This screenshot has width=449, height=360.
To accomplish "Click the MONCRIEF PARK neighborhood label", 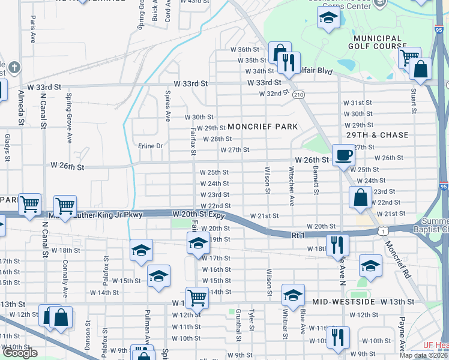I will tap(262, 127).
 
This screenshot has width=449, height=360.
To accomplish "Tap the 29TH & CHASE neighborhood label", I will tap(377, 136).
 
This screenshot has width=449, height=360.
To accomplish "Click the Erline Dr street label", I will tap(150, 146).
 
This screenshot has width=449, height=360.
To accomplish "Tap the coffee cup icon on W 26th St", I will tap(343, 155).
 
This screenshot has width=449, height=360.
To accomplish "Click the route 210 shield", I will tap(298, 95).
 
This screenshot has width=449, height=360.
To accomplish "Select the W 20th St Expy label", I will tap(198, 214).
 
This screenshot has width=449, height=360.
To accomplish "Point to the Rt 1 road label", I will tap(299, 235).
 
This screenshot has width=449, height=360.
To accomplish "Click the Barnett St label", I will tap(315, 181).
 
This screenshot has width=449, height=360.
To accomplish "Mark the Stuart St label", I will tap(414, 100).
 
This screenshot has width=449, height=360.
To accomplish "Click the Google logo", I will tap(20, 353).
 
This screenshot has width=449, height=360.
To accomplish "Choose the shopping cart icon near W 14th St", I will tap(196, 296).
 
